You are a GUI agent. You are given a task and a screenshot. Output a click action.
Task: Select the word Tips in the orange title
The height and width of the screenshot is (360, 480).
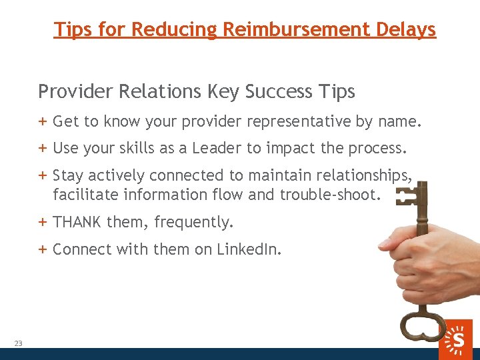(x=73, y=30)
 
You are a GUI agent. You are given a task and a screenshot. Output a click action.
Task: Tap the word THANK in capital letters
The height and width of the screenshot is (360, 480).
(x=77, y=222)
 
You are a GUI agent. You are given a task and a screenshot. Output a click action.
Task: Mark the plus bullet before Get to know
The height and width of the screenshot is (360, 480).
(x=43, y=121)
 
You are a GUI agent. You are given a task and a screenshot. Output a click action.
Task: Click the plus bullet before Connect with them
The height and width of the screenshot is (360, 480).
(x=43, y=249)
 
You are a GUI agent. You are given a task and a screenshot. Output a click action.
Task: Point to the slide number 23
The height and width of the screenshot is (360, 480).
(x=18, y=343)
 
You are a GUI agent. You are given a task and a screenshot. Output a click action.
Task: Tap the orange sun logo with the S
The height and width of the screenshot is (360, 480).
(x=457, y=338)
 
